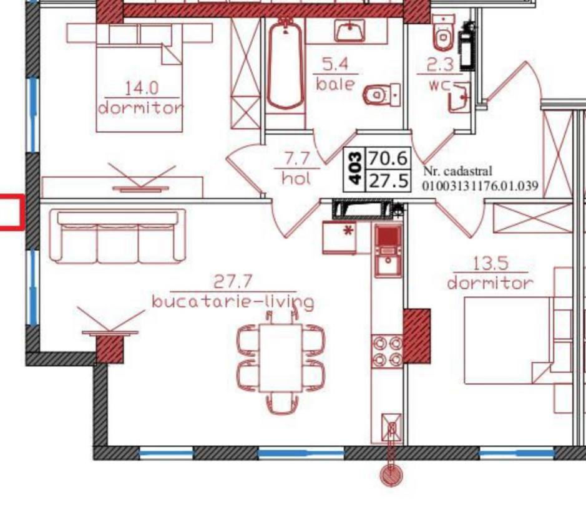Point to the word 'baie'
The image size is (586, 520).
pos(335,84)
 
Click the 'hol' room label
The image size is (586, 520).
pos(296,178)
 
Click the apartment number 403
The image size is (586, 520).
pos(356,167)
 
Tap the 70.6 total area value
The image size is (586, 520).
pos(388,158)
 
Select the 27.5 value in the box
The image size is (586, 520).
pos(388,181)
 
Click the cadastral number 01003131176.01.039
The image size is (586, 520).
pos(481,186)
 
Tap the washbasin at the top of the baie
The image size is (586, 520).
pos(350,31)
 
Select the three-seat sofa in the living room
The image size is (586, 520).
pos(118,236)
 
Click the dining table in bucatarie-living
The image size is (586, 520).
pos(281,358)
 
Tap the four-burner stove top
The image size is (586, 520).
pos(387,351)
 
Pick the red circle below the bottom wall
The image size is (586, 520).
pos(391,476)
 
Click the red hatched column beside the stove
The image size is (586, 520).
pos(417,336)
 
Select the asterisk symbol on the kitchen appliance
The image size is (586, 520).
pos(348,231)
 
